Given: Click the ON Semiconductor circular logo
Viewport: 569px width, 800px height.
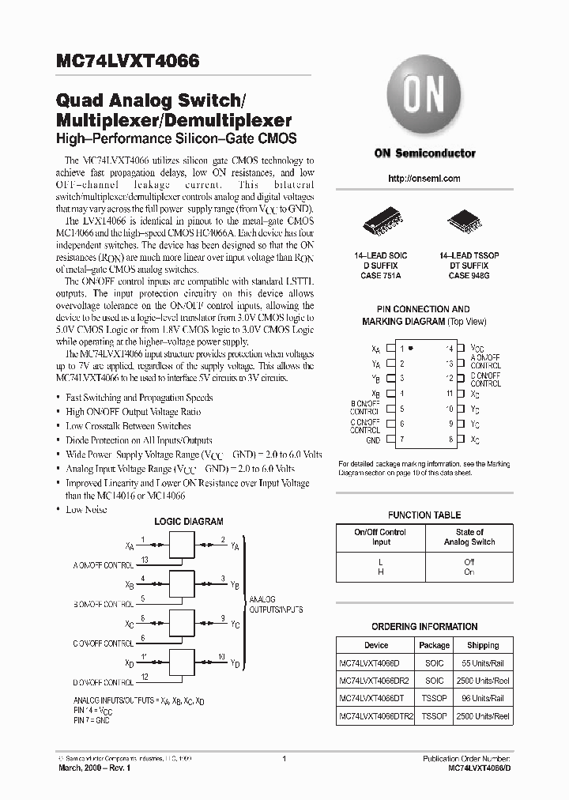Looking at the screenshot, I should [x=424, y=98].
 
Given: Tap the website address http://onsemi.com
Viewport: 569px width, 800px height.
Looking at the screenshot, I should [x=425, y=179].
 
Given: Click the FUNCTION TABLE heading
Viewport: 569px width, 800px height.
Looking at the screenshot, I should [x=424, y=515].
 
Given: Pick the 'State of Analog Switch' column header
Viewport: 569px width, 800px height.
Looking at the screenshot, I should [x=469, y=538].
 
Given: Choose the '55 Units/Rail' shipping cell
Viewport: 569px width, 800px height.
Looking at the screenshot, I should [x=483, y=662].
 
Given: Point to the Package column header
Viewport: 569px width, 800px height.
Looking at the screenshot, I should [x=434, y=645].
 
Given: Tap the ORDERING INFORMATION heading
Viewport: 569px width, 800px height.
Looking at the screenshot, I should [x=424, y=626].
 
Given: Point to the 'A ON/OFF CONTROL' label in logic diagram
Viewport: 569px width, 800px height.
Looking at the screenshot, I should [x=104, y=566].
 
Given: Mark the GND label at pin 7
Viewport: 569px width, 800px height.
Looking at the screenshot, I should [x=373, y=440].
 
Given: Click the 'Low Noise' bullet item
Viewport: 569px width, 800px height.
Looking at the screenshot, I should [x=86, y=509].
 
